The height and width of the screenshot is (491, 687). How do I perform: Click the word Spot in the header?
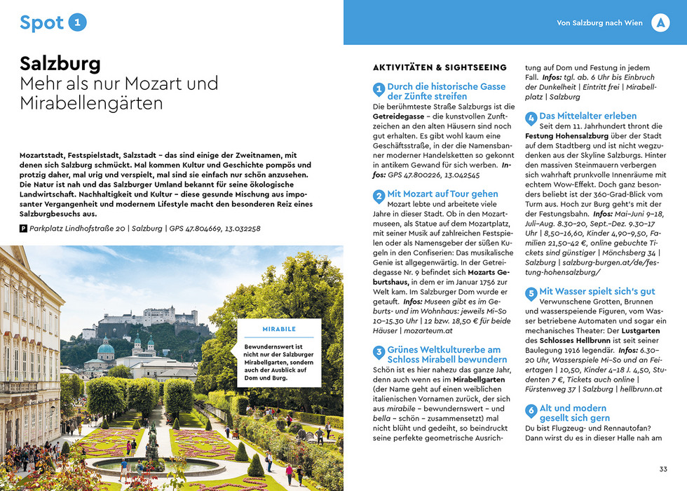(x=41, y=22)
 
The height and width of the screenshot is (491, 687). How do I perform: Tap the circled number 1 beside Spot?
(x=79, y=22)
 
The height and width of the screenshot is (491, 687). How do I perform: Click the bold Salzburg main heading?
(x=60, y=63)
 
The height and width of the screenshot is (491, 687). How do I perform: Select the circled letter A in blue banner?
(x=660, y=22)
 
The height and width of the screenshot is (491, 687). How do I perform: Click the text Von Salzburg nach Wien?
(x=599, y=23)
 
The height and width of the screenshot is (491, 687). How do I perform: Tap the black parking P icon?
(x=24, y=229)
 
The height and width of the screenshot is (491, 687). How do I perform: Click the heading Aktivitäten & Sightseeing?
(x=440, y=67)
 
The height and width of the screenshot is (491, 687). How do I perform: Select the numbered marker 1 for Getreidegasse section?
(x=379, y=89)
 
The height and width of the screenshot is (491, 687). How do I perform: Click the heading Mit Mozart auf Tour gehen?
(x=442, y=194)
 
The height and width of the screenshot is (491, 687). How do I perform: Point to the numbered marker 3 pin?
(x=379, y=352)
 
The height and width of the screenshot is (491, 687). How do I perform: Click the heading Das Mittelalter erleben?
(x=587, y=116)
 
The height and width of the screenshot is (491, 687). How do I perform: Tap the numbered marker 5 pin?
(x=531, y=293)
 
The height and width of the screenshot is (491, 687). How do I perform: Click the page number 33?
(x=663, y=469)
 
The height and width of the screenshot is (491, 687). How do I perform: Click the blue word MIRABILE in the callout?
(x=278, y=329)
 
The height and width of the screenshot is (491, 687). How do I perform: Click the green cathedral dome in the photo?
(x=106, y=348)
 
